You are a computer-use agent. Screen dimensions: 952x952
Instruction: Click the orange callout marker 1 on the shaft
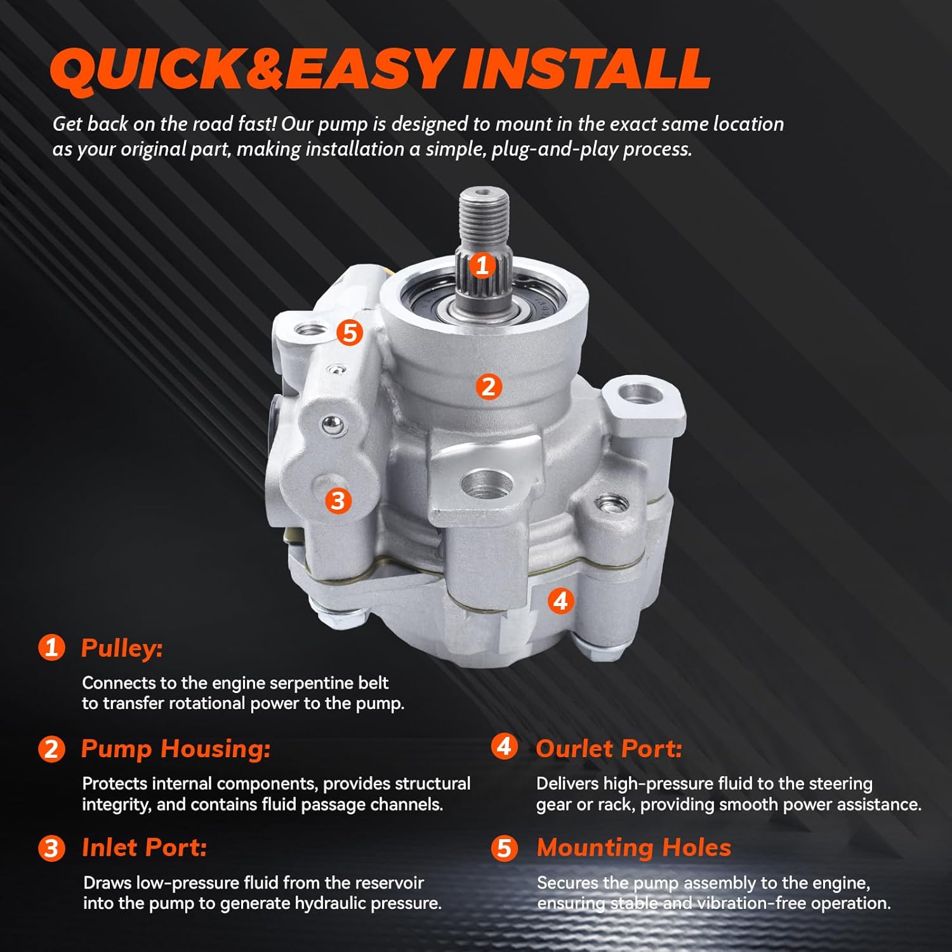(482, 265)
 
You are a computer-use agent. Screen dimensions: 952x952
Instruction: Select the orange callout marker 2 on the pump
(488, 386)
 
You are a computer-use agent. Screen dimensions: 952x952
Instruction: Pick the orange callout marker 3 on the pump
(338, 501)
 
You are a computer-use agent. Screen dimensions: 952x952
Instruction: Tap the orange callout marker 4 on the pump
(560, 600)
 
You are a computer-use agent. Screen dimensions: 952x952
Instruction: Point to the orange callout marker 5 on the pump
(350, 332)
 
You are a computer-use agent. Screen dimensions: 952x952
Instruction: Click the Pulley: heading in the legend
(122, 648)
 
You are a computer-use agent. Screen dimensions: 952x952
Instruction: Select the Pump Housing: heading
(176, 748)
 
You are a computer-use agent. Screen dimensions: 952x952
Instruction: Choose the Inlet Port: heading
(145, 848)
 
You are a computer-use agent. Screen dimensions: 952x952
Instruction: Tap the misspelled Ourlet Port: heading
(609, 748)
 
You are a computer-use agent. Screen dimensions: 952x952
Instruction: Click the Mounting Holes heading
(633, 848)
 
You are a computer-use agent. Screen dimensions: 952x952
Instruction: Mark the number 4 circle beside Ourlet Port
(505, 747)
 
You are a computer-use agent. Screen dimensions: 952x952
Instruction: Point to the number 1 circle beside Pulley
(51, 648)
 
